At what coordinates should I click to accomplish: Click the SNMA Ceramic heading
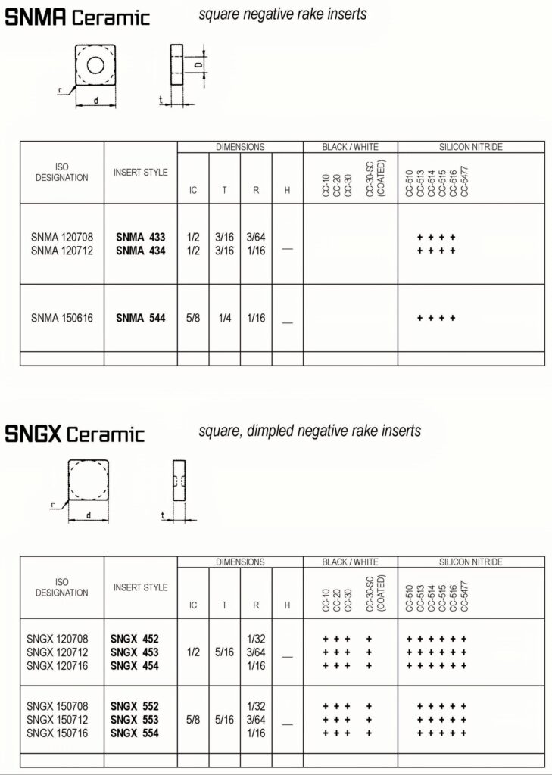[77, 17]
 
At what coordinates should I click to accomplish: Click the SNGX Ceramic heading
[75, 434]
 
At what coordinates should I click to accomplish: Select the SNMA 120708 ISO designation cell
[62, 237]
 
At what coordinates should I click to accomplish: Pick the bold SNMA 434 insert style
[140, 251]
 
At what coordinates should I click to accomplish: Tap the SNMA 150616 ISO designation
[62, 319]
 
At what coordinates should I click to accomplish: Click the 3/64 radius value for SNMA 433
[255, 237]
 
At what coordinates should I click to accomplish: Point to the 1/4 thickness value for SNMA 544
[224, 319]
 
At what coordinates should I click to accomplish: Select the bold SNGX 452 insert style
[134, 639]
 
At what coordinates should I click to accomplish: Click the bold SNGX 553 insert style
[134, 719]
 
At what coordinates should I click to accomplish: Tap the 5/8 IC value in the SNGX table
[193, 719]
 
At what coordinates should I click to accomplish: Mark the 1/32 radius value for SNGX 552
[255, 705]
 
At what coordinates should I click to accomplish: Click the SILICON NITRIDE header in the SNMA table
[471, 147]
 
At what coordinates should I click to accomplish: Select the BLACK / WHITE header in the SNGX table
[350, 562]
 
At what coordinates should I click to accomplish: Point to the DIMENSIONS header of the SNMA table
[240, 147]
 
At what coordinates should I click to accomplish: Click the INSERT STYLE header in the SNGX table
[140, 587]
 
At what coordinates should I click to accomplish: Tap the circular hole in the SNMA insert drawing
[95, 64]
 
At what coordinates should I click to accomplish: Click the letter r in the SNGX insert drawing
[54, 503]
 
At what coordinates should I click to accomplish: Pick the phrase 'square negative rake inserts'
[282, 14]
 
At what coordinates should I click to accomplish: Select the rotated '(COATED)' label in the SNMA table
[380, 179]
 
